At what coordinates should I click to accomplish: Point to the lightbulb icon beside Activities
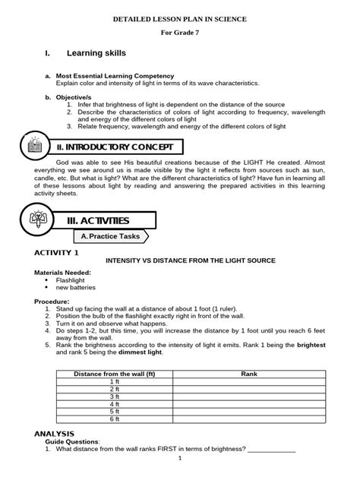(x=36, y=219)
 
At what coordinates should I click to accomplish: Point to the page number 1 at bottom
(x=180, y=458)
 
